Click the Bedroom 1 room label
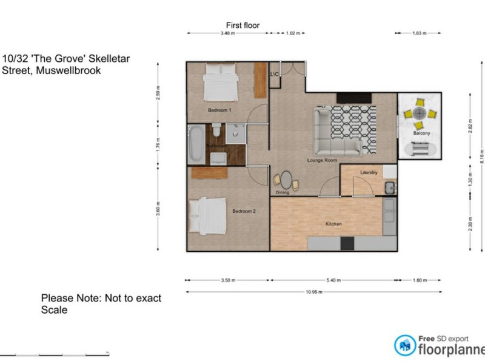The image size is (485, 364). (x=219, y=110)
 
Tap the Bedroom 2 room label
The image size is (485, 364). (x=244, y=211)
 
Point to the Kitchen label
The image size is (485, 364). (x=334, y=224)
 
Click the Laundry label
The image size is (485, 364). (x=369, y=173)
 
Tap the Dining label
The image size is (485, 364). (x=283, y=193)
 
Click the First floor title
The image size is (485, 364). (x=242, y=25)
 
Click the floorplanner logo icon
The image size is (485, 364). (x=404, y=345)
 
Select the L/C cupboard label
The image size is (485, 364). (x=274, y=74)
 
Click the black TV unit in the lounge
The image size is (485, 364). (x=353, y=98)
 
